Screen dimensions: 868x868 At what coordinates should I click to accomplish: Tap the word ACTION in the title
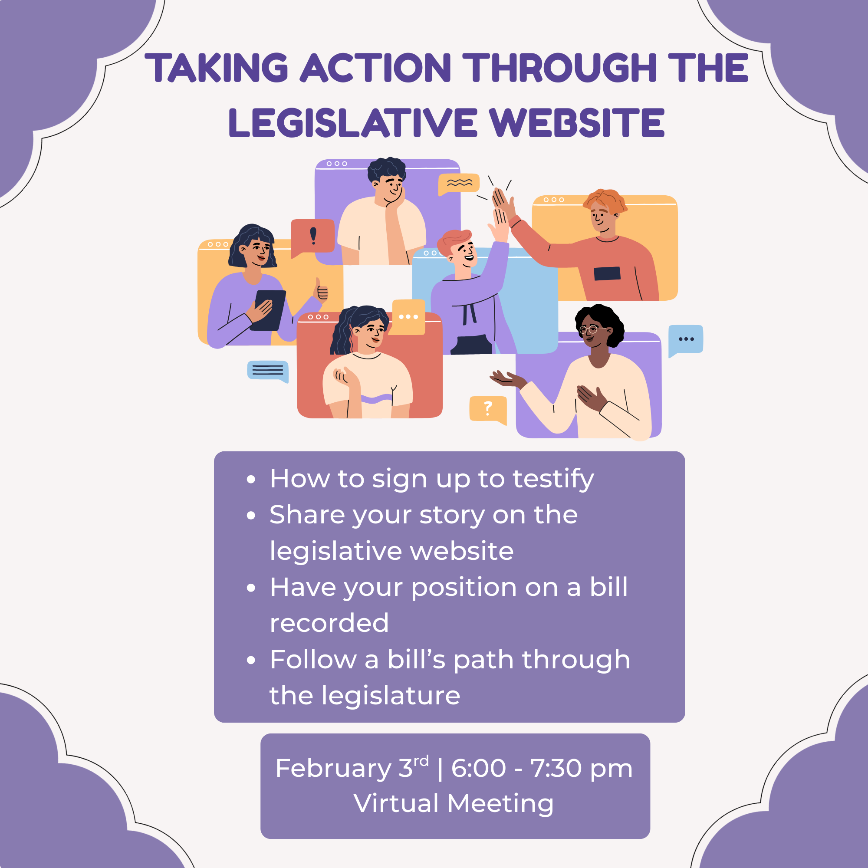click(x=375, y=68)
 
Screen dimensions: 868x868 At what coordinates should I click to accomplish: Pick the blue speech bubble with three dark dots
click(x=686, y=339)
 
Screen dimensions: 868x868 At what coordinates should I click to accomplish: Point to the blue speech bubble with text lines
click(x=268, y=370)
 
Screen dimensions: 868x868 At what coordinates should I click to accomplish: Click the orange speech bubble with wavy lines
click(x=459, y=183)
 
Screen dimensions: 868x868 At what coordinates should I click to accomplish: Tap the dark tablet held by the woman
click(x=269, y=310)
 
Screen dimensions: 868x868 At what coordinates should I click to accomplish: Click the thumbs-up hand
click(x=321, y=291)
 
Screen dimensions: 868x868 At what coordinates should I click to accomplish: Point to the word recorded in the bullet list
click(x=329, y=623)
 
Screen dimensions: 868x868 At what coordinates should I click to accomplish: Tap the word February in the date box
click(x=333, y=768)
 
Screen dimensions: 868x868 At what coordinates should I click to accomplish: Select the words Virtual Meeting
click(x=454, y=804)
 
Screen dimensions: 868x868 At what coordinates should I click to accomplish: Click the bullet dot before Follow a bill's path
click(x=251, y=661)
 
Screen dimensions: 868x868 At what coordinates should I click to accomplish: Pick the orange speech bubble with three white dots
click(x=408, y=317)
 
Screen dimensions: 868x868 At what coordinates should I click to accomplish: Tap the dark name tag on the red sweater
click(x=607, y=273)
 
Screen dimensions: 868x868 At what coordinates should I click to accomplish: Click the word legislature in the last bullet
click(x=391, y=696)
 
